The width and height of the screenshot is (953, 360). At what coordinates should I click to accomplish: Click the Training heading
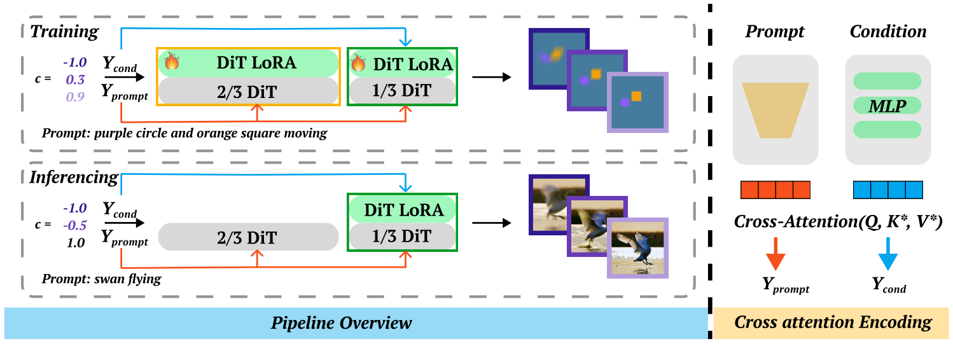pyautogui.click(x=64, y=31)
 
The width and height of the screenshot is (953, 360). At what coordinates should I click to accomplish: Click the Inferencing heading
pyautogui.click(x=74, y=177)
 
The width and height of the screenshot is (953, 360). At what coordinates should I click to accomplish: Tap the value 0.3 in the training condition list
pyautogui.click(x=76, y=80)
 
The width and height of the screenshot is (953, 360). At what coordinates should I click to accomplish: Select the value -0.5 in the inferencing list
pyautogui.click(x=75, y=226)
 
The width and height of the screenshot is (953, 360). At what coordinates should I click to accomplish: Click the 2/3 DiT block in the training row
pyautogui.click(x=248, y=91)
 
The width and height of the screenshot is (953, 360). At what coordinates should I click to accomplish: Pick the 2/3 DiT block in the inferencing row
pyautogui.click(x=248, y=238)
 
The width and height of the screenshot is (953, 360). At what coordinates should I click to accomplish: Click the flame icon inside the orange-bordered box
pyautogui.click(x=172, y=62)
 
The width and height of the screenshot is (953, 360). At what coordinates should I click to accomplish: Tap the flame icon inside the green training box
pyautogui.click(x=359, y=63)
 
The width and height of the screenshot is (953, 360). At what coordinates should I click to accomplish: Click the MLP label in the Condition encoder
pyautogui.click(x=887, y=105)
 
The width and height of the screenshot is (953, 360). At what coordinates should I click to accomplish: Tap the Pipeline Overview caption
pyautogui.click(x=342, y=322)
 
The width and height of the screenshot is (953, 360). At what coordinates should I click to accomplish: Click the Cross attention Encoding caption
pyautogui.click(x=833, y=322)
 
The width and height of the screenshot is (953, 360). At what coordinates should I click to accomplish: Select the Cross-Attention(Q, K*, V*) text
pyautogui.click(x=837, y=221)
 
